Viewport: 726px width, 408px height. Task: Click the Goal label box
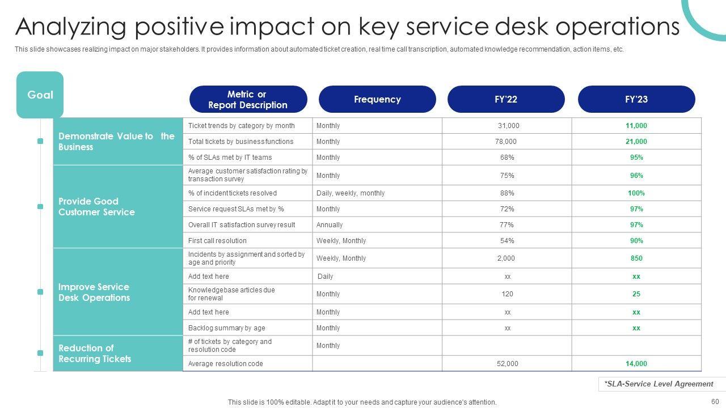point(40,95)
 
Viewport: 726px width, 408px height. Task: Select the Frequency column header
point(377,99)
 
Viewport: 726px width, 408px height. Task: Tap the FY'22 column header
point(506,99)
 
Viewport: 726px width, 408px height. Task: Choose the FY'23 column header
point(636,99)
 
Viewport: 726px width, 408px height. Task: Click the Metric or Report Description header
point(248,99)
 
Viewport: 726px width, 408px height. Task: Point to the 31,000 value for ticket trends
point(509,126)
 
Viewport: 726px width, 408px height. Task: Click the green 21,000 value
point(636,142)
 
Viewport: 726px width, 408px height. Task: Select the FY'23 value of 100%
point(636,193)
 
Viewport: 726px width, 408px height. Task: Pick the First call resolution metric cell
point(218,241)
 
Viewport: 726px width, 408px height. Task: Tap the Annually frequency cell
point(330,225)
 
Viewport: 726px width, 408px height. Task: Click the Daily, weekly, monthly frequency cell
point(351,193)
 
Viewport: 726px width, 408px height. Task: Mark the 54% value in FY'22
point(507,241)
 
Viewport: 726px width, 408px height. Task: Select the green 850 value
point(636,258)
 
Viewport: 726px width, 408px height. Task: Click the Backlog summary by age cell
point(227,328)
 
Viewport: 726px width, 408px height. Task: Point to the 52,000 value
point(508,364)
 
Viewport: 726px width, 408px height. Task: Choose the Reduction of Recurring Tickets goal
point(95,354)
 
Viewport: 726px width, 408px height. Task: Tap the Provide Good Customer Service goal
point(96,207)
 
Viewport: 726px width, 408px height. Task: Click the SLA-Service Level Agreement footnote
point(659,384)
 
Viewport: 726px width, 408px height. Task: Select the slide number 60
point(715,402)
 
